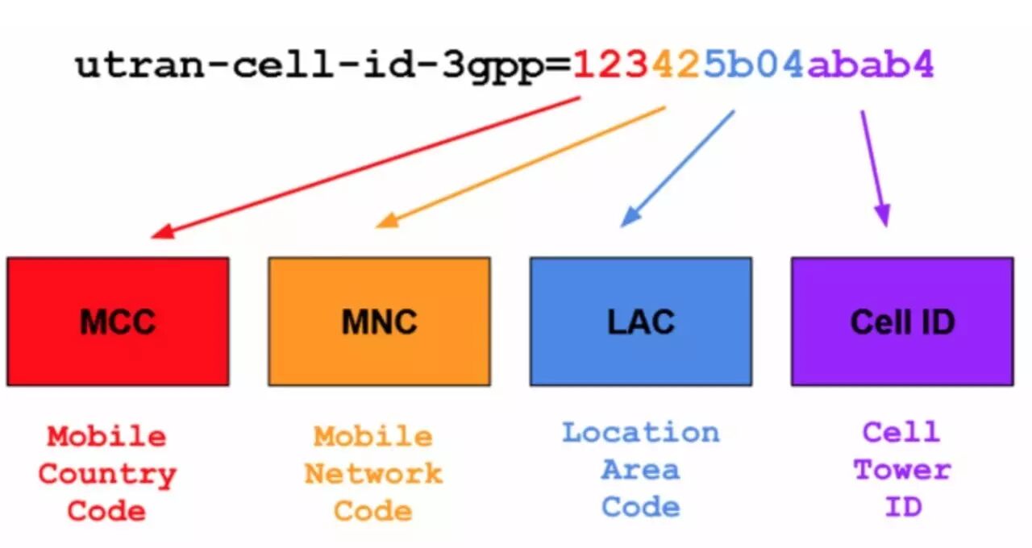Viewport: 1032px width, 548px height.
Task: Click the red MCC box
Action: pos(118,321)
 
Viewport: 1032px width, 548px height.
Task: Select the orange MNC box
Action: pos(379,321)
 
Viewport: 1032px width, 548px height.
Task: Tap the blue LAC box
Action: pos(640,321)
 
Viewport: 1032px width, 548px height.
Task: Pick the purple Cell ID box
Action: pos(901,321)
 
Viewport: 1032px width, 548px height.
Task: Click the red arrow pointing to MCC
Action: pos(363,168)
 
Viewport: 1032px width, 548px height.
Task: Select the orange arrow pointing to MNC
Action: pos(520,167)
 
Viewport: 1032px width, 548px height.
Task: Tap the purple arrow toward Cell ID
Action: pos(875,168)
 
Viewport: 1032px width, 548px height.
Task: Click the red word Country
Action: pos(106,475)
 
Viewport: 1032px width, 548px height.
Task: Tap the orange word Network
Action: pos(373,474)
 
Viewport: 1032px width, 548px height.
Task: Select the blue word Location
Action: pos(640,433)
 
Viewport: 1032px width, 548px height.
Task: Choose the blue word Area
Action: pos(640,470)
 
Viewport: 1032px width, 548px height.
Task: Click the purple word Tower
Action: pos(901,470)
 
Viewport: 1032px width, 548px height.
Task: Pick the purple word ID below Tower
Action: pos(901,508)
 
